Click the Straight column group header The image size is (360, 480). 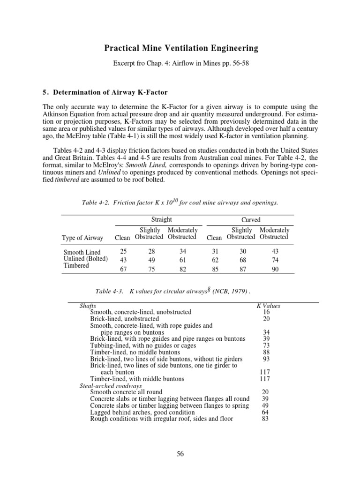click(161, 219)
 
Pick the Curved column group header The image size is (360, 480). click(250, 220)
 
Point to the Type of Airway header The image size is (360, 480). click(82, 238)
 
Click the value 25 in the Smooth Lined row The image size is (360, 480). click(123, 252)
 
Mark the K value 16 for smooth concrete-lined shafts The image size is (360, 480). click(266, 312)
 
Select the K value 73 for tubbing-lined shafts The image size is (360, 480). click(266, 345)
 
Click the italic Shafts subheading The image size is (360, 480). click(88, 306)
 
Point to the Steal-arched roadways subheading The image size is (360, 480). click(111, 385)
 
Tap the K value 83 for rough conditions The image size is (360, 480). click(265, 419)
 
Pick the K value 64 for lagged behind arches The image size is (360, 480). click(265, 412)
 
